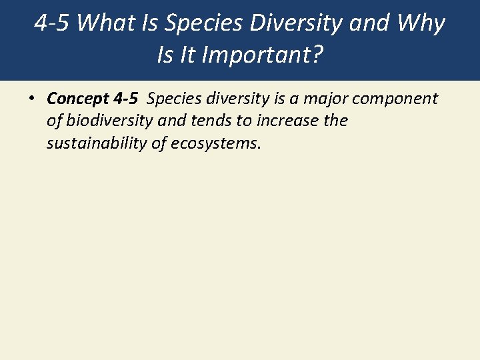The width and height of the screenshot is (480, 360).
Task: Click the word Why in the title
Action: [421, 23]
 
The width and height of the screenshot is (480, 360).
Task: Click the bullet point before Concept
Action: [31, 99]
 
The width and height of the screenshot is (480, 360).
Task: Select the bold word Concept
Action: [77, 99]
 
